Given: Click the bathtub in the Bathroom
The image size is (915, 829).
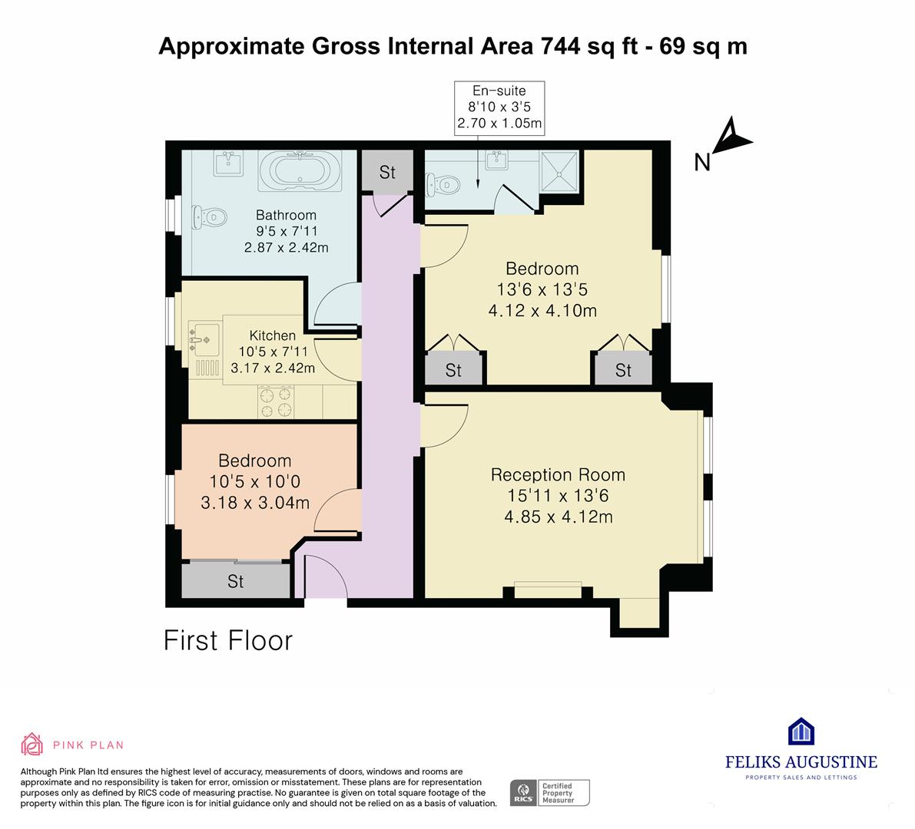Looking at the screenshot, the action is [x=300, y=171].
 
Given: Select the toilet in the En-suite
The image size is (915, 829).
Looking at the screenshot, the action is [x=443, y=184].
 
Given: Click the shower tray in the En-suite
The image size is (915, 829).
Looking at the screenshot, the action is [x=559, y=171].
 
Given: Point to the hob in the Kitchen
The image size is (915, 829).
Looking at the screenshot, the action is [x=276, y=402].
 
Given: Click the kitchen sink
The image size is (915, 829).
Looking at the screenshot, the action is [x=204, y=339].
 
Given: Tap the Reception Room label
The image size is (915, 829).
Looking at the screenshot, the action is [x=558, y=475].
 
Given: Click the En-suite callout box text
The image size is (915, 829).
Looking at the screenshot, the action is [x=499, y=107].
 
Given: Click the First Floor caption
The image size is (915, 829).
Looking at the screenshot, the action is [x=228, y=640].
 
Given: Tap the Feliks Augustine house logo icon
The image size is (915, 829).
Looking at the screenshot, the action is [x=801, y=731].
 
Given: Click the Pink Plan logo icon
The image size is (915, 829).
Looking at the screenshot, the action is [x=32, y=744].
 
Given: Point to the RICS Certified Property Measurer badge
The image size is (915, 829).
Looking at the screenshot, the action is [x=550, y=793].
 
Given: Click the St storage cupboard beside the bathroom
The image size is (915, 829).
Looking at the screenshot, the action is [x=387, y=171].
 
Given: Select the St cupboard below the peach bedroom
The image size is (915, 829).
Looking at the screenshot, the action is [x=236, y=580].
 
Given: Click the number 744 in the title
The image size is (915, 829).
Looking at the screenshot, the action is [x=561, y=46].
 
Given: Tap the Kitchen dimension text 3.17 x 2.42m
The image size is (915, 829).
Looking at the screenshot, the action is [x=273, y=368].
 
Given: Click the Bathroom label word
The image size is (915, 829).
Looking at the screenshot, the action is [x=286, y=215].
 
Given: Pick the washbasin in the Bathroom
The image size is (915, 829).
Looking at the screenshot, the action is [x=228, y=163].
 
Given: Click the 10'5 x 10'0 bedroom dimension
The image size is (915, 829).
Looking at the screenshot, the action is [x=255, y=481].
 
